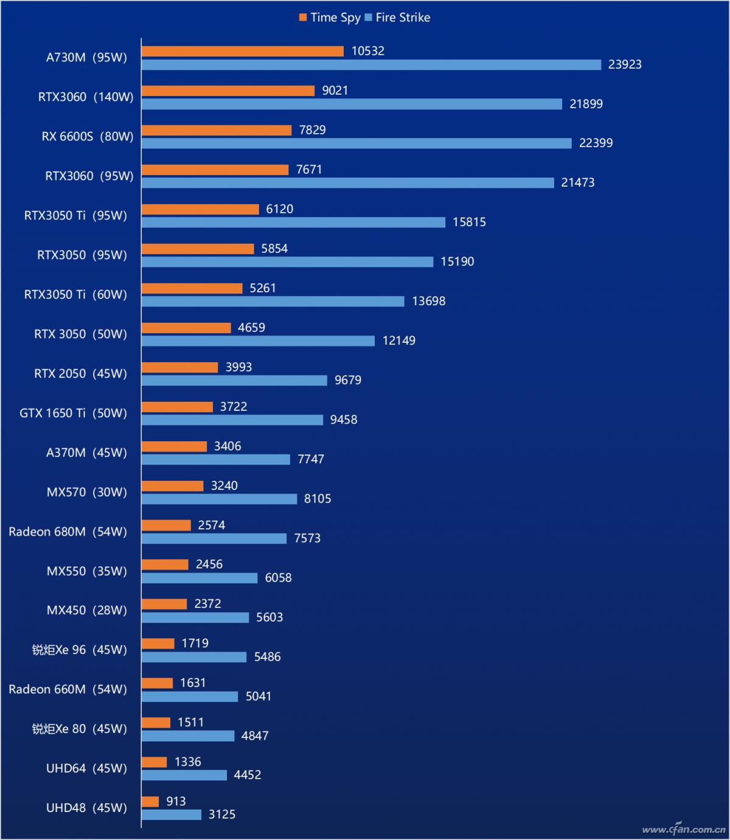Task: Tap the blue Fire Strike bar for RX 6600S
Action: [356, 143]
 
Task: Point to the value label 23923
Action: [625, 64]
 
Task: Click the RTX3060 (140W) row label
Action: [86, 97]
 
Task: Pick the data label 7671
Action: [309, 170]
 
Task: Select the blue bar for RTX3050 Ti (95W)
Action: [293, 222]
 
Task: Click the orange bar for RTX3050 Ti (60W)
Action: [192, 288]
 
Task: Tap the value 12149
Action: [398, 341]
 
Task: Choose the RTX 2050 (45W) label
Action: [80, 374]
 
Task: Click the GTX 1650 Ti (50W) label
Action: [73, 413]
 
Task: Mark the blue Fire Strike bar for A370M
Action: [215, 460]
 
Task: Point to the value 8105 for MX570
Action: [318, 499]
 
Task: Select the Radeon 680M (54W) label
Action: [68, 532]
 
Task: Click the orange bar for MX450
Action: [164, 604]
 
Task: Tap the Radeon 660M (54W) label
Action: [68, 689]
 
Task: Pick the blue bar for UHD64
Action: [184, 776]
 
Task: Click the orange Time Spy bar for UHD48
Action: [150, 802]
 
